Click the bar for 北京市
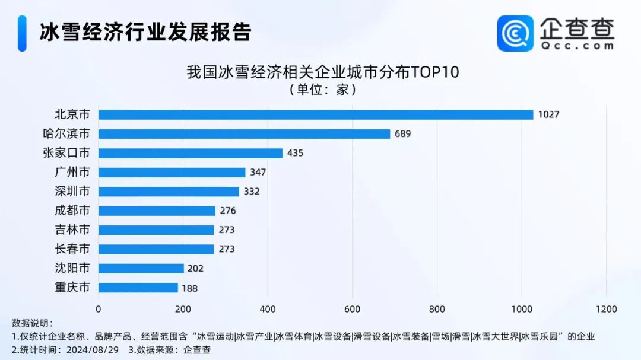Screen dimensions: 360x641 (316, 114)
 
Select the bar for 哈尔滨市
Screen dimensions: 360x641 (244, 134)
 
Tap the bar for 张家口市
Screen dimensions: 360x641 (190, 153)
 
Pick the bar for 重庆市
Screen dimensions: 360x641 (138, 288)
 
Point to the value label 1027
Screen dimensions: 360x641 (548, 115)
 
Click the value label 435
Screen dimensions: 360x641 (295, 153)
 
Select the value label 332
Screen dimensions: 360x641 (252, 192)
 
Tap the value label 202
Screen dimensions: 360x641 (195, 268)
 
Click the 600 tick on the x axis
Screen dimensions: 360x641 (353, 309)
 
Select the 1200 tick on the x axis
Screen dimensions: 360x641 (607, 309)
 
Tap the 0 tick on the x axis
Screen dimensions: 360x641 (99, 309)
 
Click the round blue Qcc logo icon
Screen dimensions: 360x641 (515, 33)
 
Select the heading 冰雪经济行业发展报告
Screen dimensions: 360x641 (146, 32)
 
